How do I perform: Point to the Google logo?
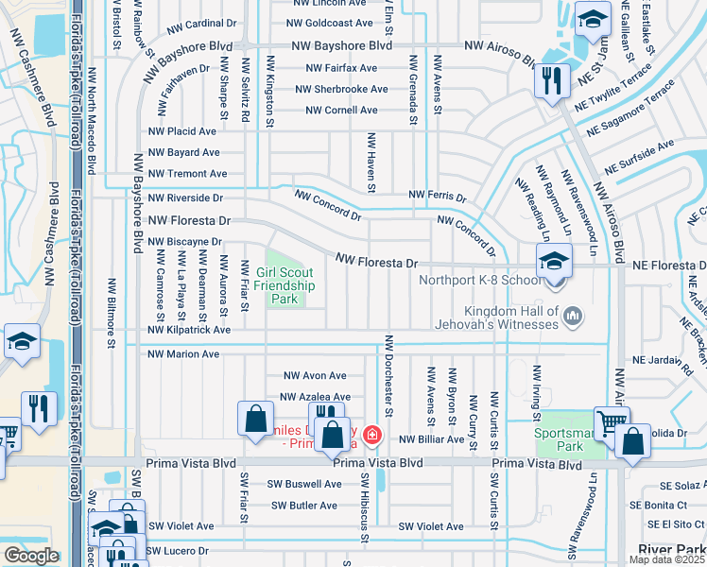pos(30,556)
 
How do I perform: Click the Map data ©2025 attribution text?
pos(666,559)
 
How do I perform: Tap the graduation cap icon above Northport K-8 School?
pos(553,260)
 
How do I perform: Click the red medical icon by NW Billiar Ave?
pos(373,435)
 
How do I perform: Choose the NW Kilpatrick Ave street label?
pos(189,331)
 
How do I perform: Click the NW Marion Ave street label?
pos(183,354)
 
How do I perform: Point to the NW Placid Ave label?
pos(181,131)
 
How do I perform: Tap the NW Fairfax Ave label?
pos(341,68)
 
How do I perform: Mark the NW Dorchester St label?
pos(388,367)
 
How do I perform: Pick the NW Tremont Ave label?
pos(187,174)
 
